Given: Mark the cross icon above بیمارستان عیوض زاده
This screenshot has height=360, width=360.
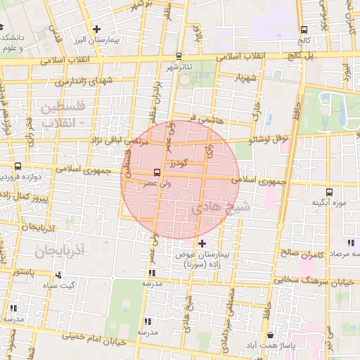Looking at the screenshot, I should pyautogui.click(x=202, y=243).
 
